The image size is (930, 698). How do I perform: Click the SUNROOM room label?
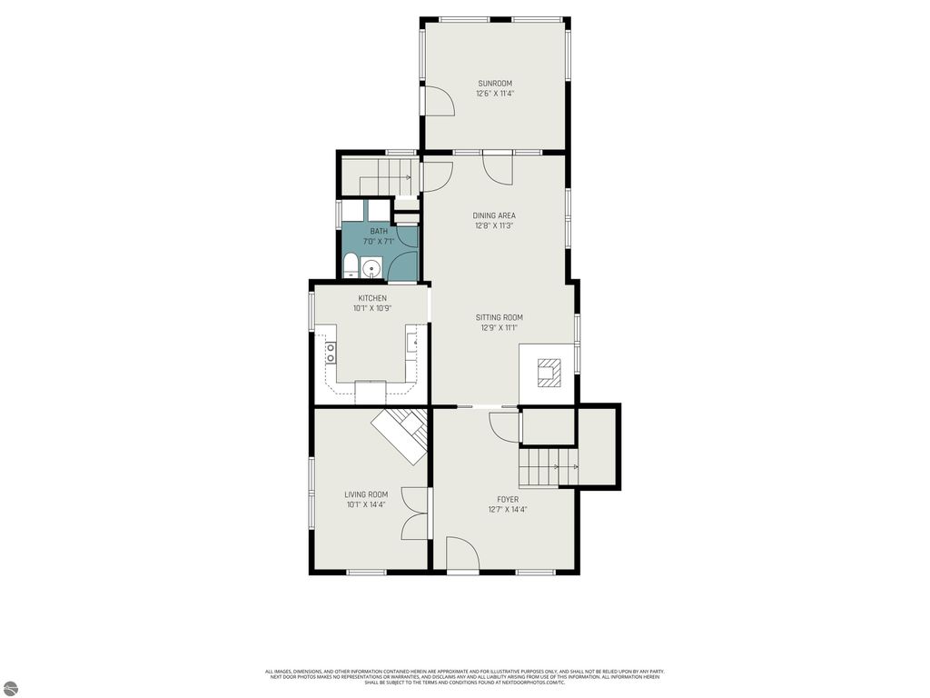pyautogui.click(x=495, y=84)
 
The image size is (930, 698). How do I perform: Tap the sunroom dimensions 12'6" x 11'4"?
pyautogui.click(x=495, y=94)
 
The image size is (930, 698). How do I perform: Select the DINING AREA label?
pyautogui.click(x=494, y=215)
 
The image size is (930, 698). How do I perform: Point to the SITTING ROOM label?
pyautogui.click(x=499, y=317)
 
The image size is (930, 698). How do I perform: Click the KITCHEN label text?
pyautogui.click(x=371, y=298)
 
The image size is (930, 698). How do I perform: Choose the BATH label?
pyautogui.click(x=378, y=232)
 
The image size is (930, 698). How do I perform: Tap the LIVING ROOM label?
pyautogui.click(x=366, y=494)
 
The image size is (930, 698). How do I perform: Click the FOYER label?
pyautogui.click(x=508, y=499)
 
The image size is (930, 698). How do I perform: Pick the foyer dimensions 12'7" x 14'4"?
pyautogui.click(x=508, y=510)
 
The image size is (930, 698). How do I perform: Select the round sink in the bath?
pyautogui.click(x=371, y=269)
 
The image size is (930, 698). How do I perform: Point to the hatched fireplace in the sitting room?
pyautogui.click(x=549, y=373)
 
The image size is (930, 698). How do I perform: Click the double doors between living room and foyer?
pyautogui.click(x=415, y=514)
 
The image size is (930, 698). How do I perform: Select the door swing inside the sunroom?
pyautogui.click(x=439, y=101)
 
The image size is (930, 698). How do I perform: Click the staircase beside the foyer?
pyautogui.click(x=549, y=467)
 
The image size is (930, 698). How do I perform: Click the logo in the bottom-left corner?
pyautogui.click(x=10, y=688)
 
